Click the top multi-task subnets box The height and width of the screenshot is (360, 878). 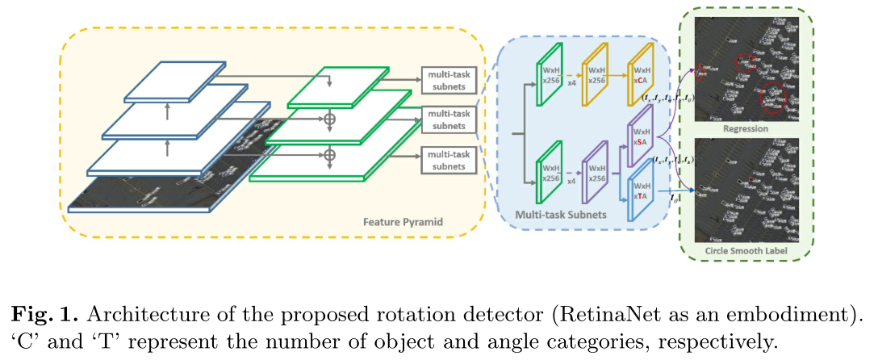pos(448,82)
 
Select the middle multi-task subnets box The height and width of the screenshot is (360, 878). pos(448,120)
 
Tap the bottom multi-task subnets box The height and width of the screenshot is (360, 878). pos(448,160)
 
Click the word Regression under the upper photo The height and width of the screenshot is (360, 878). pos(745,128)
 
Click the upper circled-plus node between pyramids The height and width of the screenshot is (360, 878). pos(328,119)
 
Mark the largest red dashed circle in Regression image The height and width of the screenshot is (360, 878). pos(773,94)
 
